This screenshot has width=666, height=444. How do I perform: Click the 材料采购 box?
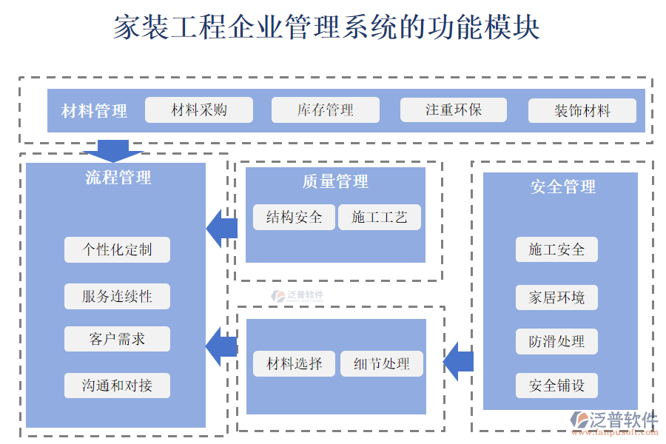199,110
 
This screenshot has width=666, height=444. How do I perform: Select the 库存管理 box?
326,110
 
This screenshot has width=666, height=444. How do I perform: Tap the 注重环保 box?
454,110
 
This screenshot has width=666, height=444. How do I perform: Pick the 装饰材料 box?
582,111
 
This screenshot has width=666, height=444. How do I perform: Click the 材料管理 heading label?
94,111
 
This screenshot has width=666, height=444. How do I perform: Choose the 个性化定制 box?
117,249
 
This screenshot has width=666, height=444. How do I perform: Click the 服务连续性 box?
117,296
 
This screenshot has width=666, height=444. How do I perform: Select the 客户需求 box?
117,339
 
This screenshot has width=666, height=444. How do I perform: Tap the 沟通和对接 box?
117,386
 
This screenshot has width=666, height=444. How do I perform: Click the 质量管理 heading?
335,182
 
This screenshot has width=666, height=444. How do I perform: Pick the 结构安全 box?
295,217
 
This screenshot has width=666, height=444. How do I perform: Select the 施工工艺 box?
380,217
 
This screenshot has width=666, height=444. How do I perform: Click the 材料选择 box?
295,363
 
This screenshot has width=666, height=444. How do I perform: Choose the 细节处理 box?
382,363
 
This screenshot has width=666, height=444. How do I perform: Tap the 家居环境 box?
556,297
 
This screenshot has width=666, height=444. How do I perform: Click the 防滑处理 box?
556,341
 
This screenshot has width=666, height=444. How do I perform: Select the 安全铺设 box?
556,386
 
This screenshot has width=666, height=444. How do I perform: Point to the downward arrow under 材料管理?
112,150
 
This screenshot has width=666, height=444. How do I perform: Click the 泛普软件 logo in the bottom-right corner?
614,423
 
